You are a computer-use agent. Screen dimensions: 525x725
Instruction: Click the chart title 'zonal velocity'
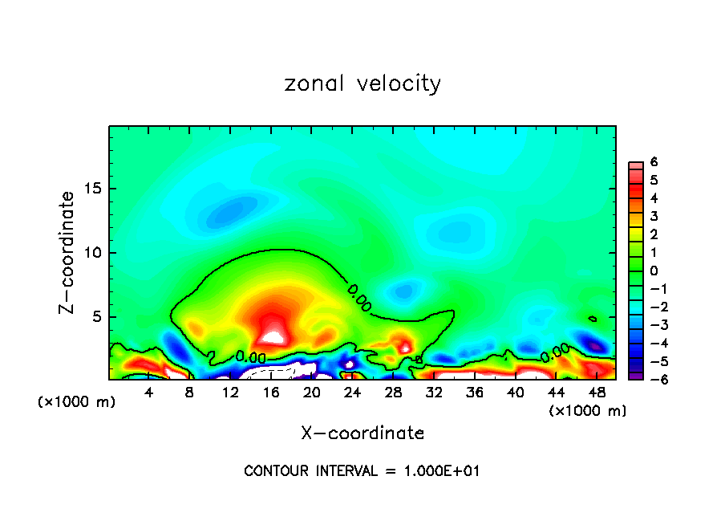point(362,83)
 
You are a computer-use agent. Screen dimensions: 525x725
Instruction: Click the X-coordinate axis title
point(362,433)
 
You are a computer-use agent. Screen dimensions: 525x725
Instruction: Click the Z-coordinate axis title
point(67,252)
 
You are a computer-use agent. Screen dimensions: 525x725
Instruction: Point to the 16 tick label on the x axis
point(271,393)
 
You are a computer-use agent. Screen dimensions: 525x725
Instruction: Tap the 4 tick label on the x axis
point(149,393)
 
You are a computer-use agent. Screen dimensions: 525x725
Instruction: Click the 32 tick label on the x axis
point(434,393)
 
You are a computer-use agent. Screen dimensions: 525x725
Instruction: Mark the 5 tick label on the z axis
point(96,316)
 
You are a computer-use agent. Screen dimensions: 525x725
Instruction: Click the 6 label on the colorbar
point(654,162)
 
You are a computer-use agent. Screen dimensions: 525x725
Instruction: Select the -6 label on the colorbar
point(651,379)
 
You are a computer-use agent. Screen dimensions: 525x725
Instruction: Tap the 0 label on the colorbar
point(654,271)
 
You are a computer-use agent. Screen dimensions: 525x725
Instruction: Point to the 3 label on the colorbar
point(654,216)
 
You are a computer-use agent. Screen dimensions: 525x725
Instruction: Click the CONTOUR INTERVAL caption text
point(362,471)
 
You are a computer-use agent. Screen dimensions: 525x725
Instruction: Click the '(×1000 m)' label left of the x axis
point(77,402)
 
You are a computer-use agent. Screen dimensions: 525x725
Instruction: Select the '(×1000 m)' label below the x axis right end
point(588,411)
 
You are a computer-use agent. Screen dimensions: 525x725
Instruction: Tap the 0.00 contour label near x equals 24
point(360,296)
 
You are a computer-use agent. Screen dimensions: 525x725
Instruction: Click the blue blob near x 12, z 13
point(226,212)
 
